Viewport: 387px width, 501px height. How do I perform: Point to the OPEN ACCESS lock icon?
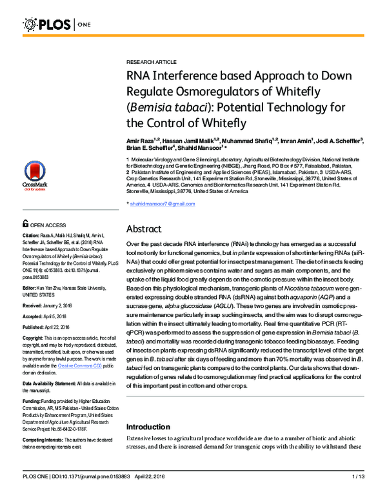click(26, 225)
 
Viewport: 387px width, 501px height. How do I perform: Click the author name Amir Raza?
click(142, 139)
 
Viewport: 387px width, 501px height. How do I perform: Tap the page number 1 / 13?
click(358, 494)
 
